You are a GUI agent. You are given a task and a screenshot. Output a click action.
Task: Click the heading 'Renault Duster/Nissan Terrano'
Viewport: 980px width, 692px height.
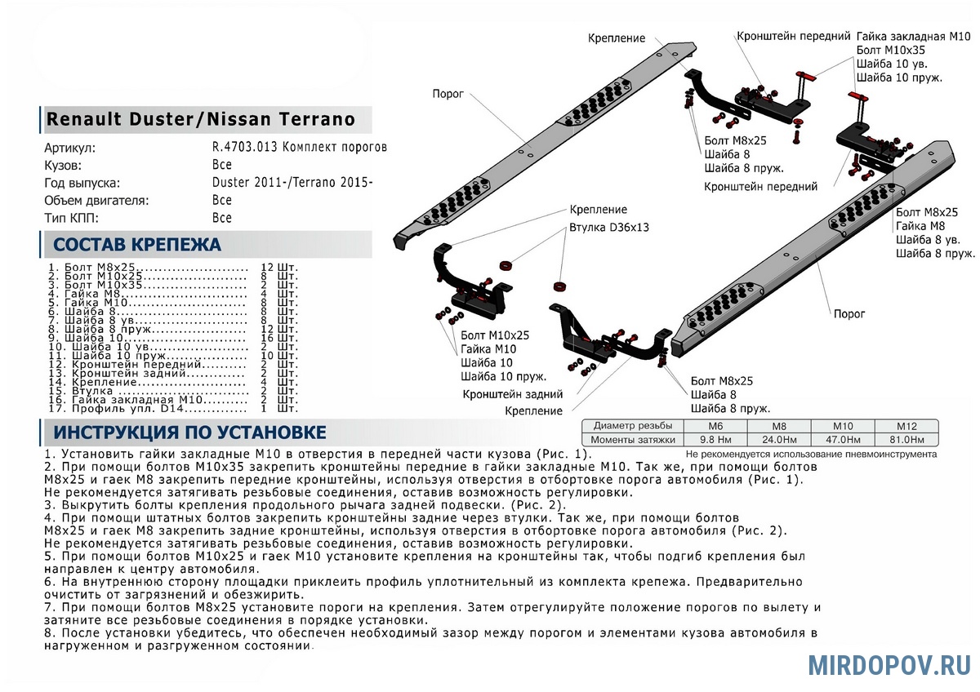click(202, 119)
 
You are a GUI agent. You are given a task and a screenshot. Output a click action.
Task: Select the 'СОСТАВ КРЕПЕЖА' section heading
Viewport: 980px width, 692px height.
click(136, 245)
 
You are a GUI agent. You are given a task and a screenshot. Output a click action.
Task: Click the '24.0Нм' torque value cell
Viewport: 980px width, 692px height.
click(780, 440)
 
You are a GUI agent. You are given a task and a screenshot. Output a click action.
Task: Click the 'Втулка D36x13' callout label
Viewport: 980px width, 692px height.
click(608, 228)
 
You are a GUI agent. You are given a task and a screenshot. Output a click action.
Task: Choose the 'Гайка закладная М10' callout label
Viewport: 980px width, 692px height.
click(913, 37)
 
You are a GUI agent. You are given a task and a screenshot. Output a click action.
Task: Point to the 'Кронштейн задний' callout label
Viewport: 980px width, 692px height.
click(512, 394)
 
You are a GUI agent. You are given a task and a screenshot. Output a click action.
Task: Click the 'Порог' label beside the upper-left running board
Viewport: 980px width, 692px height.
click(448, 95)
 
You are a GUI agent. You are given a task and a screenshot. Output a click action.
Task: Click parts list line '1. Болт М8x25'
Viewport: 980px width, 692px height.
click(147, 268)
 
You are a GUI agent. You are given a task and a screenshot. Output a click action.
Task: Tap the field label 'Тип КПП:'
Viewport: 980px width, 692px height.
click(72, 218)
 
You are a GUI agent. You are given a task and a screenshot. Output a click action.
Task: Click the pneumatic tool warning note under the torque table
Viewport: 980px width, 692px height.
click(811, 454)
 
